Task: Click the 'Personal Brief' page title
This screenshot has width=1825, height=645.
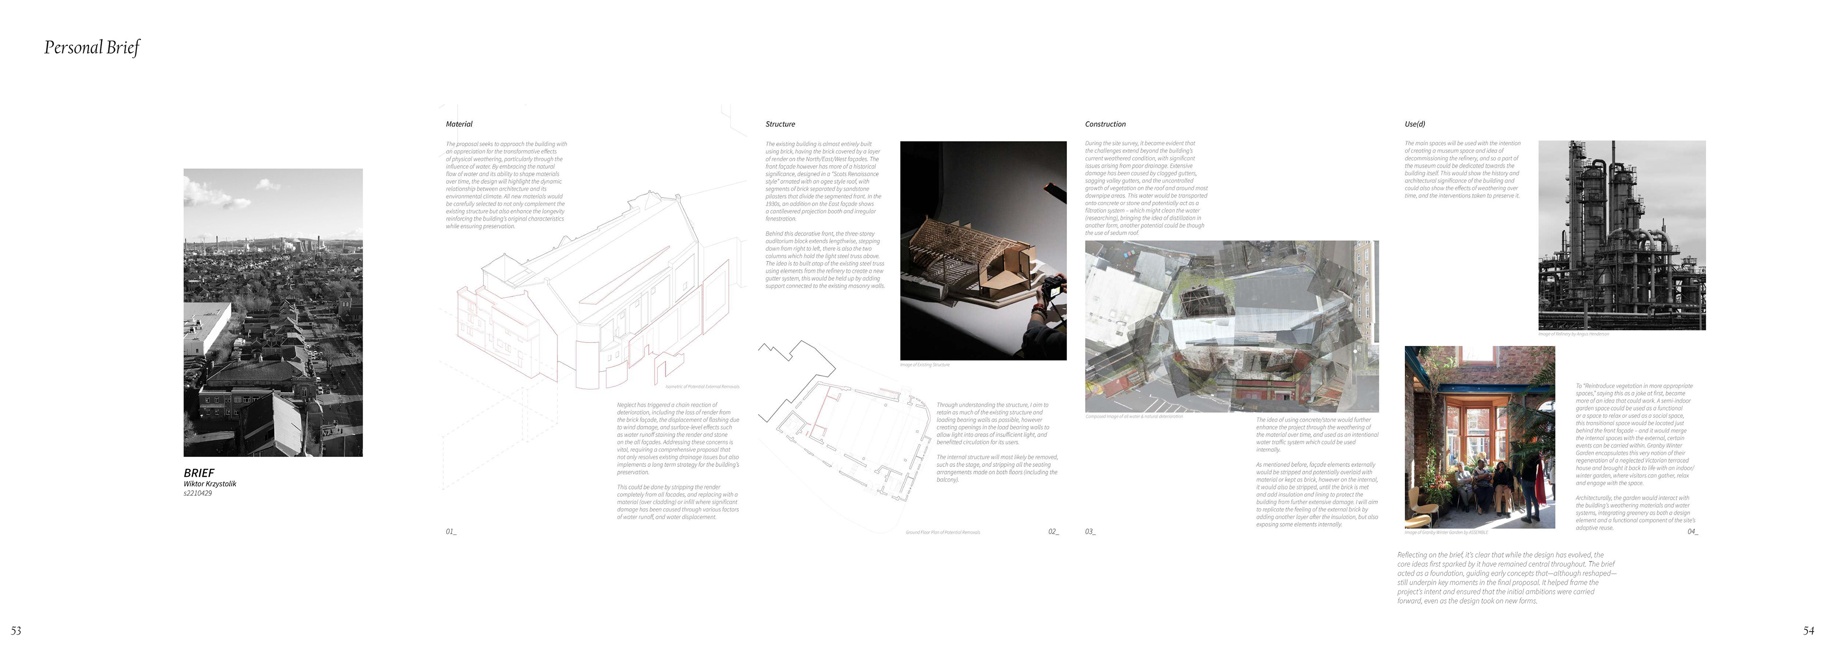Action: [92, 47]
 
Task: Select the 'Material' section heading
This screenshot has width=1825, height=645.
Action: [459, 124]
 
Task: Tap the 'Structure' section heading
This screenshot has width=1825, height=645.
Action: [780, 124]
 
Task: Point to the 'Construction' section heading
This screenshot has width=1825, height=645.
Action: [1105, 124]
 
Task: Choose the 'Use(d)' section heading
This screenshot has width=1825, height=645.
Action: [1415, 124]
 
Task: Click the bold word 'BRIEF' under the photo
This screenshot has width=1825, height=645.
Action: [198, 472]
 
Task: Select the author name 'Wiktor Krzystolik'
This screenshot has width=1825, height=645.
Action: [210, 484]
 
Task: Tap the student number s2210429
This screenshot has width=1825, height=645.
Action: [198, 493]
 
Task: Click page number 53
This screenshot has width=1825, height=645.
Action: [16, 630]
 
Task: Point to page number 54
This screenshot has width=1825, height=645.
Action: [1808, 630]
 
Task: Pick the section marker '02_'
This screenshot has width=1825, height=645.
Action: [1054, 531]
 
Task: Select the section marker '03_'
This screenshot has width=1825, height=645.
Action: [1090, 531]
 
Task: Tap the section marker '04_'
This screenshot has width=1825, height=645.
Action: [1692, 531]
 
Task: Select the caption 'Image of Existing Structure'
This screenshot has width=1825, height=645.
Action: [924, 365]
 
